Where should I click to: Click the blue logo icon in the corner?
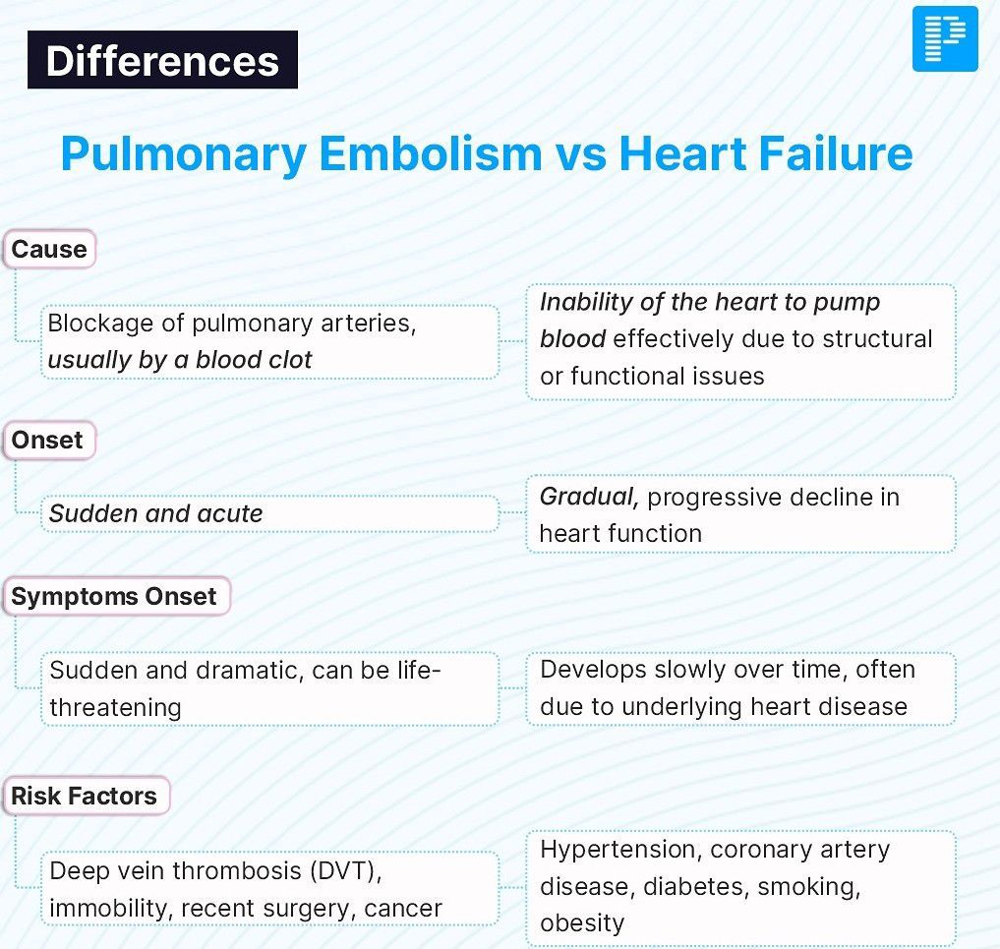945,39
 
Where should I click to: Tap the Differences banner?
162,59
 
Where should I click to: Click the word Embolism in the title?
431,153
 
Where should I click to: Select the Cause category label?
49,249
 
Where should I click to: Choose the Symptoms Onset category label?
116,596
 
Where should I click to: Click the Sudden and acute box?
269,513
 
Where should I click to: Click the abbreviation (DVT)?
345,870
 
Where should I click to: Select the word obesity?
582,922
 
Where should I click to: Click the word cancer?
403,909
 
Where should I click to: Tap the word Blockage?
100,324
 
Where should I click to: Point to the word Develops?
593,671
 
